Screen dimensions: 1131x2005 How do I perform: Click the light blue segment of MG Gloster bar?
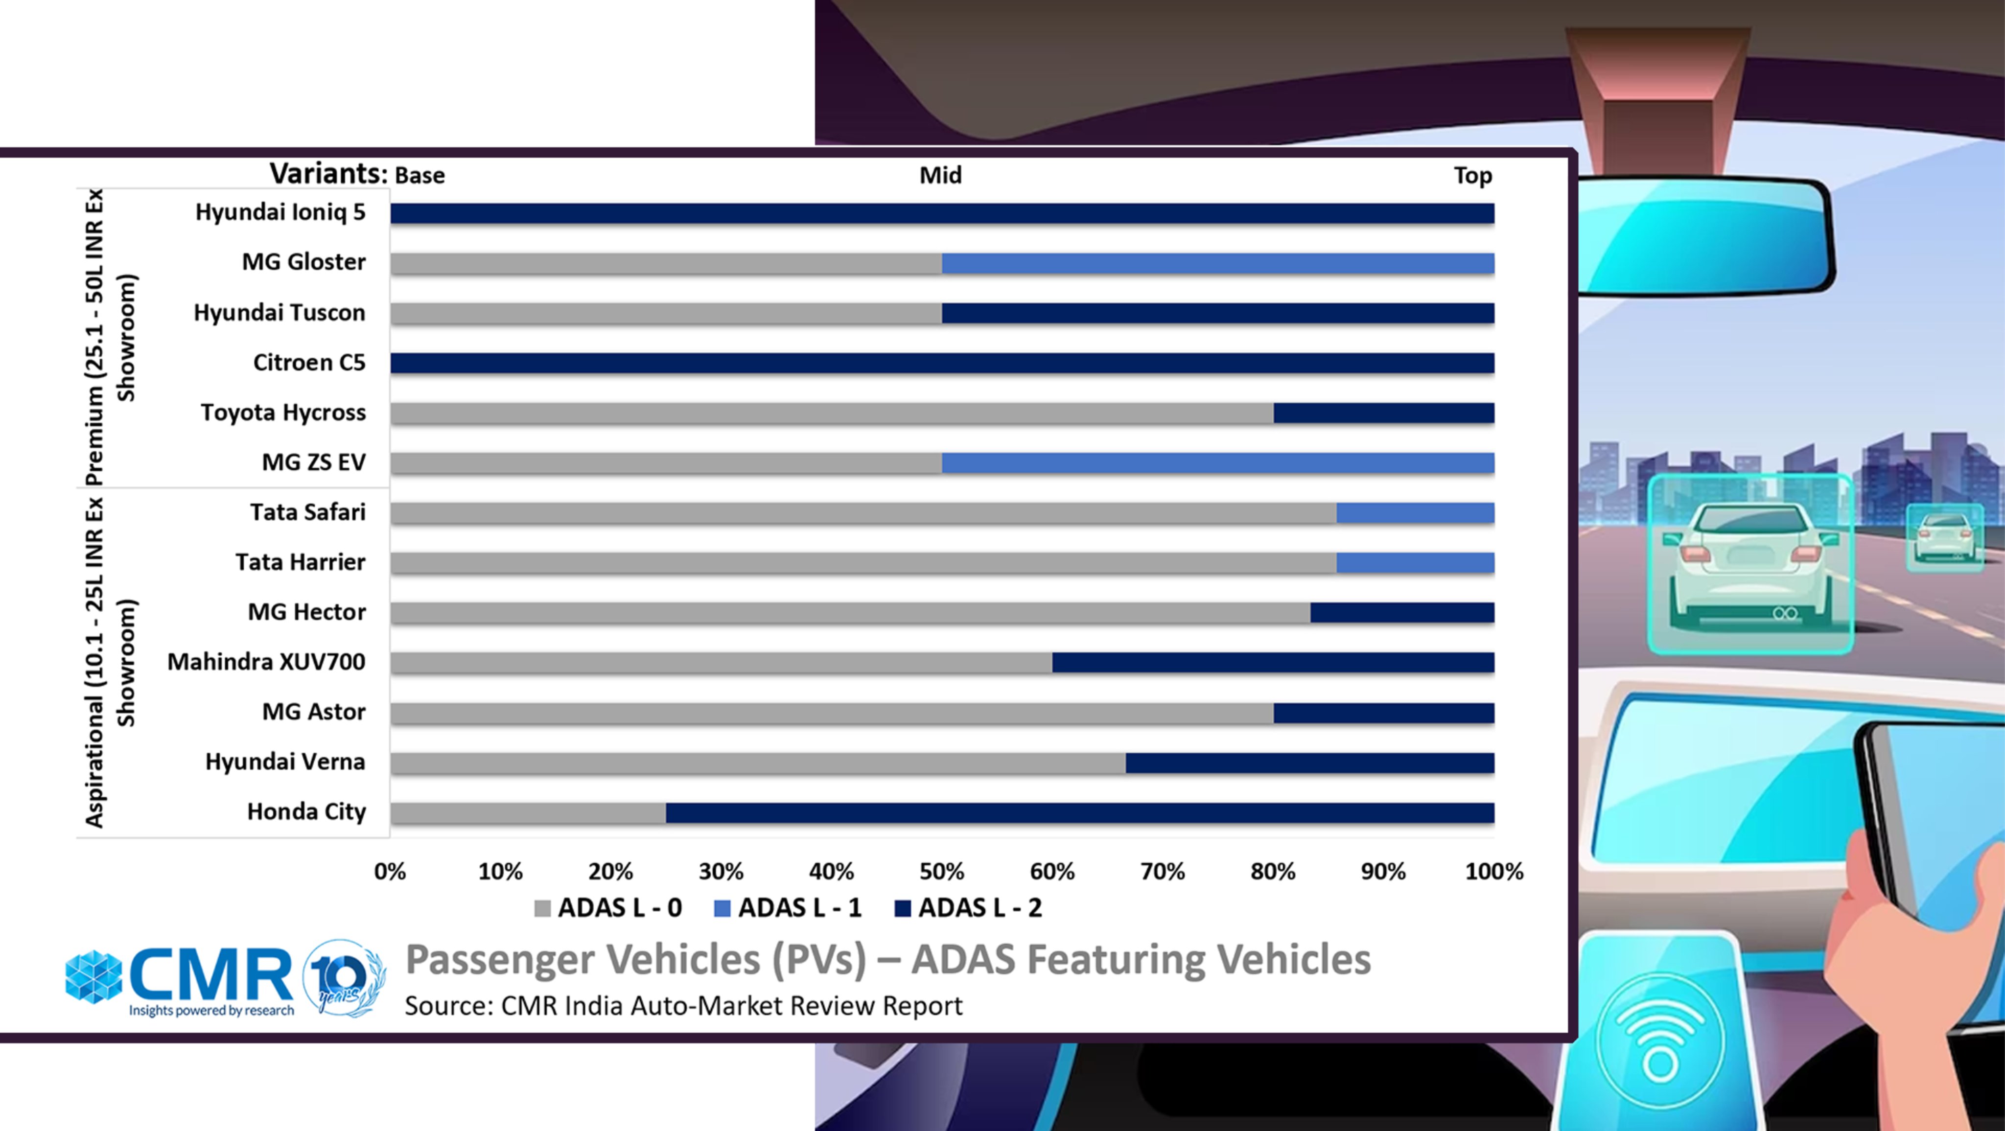pos(1217,264)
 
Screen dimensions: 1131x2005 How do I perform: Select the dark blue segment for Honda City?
pos(1079,812)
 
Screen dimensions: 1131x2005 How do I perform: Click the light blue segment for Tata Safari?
pos(1415,513)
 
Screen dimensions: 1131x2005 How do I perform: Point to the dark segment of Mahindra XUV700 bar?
pos(1273,663)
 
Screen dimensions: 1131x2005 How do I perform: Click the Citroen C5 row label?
pos(309,363)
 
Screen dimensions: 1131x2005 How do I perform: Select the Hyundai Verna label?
pos(285,762)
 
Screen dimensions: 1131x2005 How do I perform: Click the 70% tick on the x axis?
pos(1162,872)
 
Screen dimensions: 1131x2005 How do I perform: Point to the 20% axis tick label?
pos(610,872)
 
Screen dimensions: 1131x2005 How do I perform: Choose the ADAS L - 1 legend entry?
pos(788,908)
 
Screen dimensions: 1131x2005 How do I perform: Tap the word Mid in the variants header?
pos(940,176)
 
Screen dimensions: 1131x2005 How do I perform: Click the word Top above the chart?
pos(1472,176)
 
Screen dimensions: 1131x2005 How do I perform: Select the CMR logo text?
pos(210,976)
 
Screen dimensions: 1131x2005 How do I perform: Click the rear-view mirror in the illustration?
pos(1704,233)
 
